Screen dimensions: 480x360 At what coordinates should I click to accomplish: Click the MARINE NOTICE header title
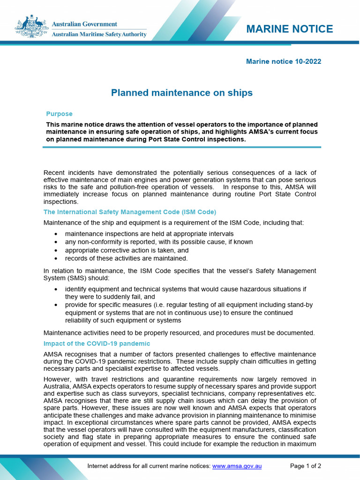289,29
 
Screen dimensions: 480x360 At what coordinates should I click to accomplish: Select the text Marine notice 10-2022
283,61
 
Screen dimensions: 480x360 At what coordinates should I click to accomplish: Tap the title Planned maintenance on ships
181,93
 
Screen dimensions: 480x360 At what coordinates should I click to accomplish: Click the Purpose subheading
59,114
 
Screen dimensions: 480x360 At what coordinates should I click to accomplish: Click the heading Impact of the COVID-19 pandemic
97,344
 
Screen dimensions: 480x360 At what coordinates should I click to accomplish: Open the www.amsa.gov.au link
237,466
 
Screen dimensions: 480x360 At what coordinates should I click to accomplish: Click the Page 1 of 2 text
305,466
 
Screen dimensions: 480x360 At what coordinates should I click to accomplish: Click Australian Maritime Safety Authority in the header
99,35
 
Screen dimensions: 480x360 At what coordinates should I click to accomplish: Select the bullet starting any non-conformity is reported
158,242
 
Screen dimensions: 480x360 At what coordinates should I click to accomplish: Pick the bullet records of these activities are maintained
126,258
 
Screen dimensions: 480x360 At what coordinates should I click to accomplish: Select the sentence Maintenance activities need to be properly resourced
179,333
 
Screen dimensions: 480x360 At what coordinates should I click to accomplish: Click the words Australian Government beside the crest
84,24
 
